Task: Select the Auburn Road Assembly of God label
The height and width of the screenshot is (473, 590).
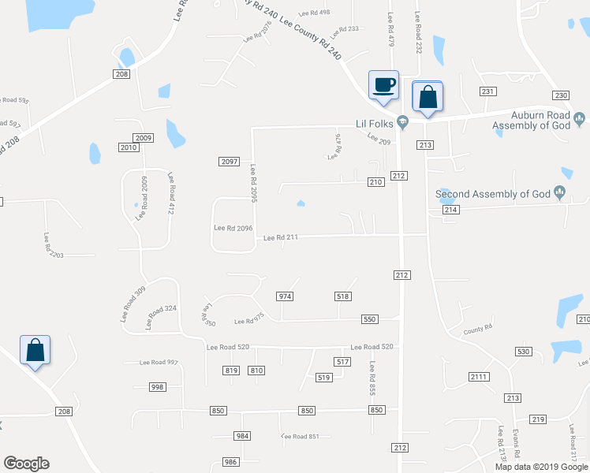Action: [x=531, y=120]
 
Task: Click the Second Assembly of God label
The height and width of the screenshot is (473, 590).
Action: [x=495, y=194]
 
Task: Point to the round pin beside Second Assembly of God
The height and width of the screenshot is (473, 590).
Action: [x=561, y=192]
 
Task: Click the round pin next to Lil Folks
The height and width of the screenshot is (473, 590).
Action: [x=402, y=121]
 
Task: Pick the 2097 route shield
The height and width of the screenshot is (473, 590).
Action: [x=229, y=162]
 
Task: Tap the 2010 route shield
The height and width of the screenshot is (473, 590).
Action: [x=129, y=147]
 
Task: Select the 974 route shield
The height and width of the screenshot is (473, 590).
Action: [x=285, y=296]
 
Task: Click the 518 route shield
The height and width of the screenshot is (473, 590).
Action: [x=342, y=296]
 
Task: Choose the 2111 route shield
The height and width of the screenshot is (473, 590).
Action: [x=478, y=377]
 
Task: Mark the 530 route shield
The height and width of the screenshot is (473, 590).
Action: [x=522, y=351]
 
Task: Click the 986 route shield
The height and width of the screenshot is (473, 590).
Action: [x=230, y=462]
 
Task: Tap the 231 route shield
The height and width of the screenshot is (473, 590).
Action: [x=488, y=91]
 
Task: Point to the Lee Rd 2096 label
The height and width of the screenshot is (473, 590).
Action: [x=233, y=229]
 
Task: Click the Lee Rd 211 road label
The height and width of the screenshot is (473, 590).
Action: [x=282, y=236]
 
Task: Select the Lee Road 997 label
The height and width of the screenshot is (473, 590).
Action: [x=159, y=363]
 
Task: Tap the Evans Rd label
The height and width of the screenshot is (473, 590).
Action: [x=517, y=439]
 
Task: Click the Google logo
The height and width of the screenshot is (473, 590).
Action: [x=26, y=464]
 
